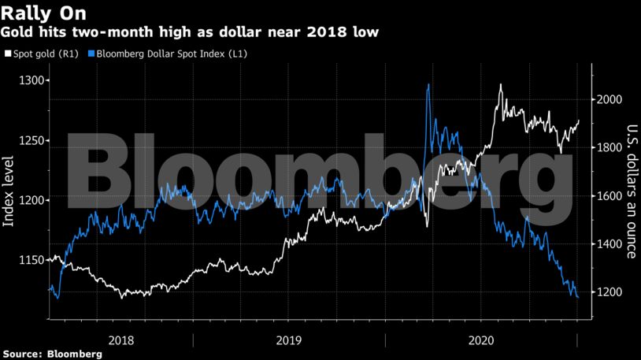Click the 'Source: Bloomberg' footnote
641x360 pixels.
click(52, 354)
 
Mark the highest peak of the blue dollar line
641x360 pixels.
click(428, 85)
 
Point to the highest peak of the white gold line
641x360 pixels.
click(501, 85)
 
